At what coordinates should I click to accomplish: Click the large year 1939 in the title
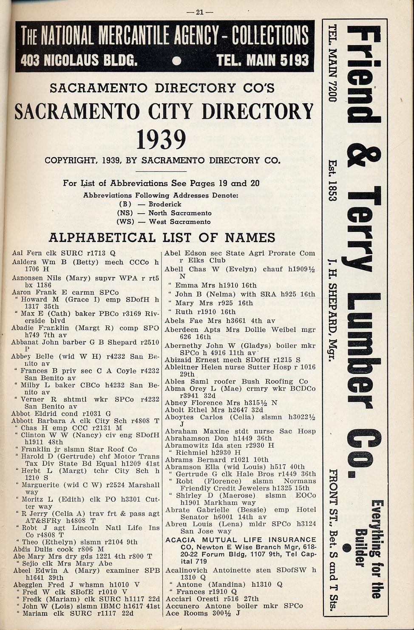pyautogui.click(x=162, y=139)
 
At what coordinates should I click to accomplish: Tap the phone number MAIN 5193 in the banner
pyautogui.click(x=263, y=60)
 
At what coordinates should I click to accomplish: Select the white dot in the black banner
pyautogui.click(x=177, y=61)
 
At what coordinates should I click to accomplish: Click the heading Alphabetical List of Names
pyautogui.click(x=162, y=237)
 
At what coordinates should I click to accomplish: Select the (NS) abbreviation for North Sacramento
pyautogui.click(x=125, y=213)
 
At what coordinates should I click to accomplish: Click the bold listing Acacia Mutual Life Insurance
pyautogui.click(x=241, y=540)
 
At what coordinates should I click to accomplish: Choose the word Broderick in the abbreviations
pyautogui.click(x=164, y=204)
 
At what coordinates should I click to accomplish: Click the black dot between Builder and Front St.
pyautogui.click(x=347, y=547)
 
